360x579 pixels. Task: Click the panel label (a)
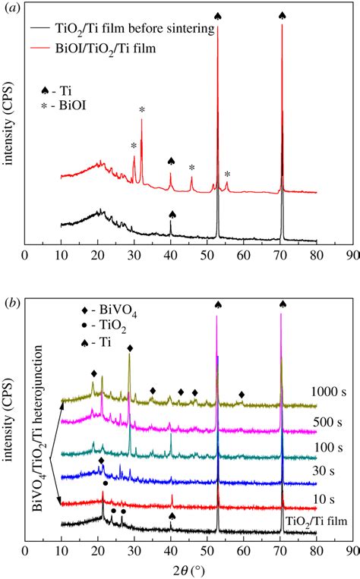pyautogui.click(x=11, y=10)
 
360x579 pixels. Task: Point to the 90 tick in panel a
pyautogui.click(x=350, y=256)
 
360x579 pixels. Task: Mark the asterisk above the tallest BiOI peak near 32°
pyautogui.click(x=141, y=110)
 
